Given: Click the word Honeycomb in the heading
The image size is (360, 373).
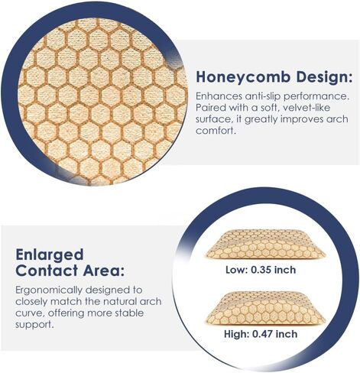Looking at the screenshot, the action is pos(243,77).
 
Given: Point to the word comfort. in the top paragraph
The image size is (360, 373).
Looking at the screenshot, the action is pos(215,131).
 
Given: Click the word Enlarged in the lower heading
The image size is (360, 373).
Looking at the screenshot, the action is pos(50,255).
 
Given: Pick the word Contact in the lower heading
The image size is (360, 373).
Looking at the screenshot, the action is pos(47,271).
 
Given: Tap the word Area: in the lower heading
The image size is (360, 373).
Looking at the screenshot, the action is pos(104,271).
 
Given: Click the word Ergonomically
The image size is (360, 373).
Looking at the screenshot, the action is pos(49,290).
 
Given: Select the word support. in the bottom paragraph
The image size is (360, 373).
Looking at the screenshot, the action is pos(34,325).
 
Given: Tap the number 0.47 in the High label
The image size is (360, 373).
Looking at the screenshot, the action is pos(263,334).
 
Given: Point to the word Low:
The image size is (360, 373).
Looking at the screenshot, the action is pos(236,270).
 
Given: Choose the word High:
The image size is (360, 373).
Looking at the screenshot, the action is pos(237,334).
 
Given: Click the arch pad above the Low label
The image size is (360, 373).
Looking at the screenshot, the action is pos(265,245).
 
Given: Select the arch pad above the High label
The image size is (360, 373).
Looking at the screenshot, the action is pos(265,309).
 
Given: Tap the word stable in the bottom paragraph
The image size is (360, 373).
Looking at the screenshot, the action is pos(129,313).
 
